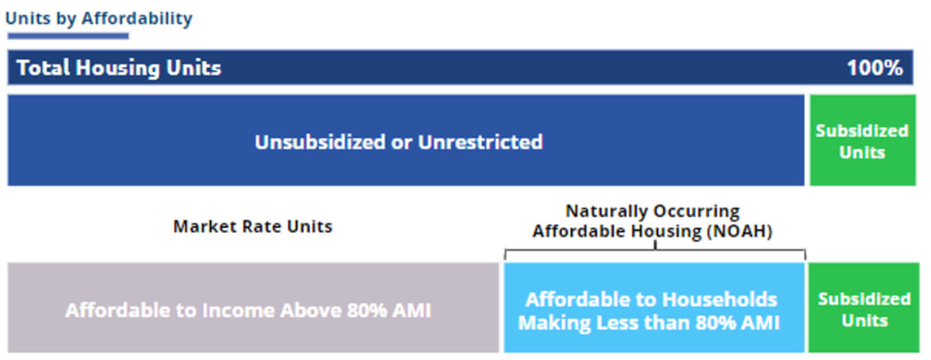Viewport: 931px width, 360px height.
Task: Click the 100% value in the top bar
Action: (875, 68)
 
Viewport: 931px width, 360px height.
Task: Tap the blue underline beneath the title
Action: (68, 36)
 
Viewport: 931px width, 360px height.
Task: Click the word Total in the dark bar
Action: (43, 67)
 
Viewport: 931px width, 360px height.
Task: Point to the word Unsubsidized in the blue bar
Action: (320, 142)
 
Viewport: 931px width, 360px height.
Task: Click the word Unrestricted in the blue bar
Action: (480, 142)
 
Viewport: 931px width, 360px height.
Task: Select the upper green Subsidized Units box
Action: (862, 140)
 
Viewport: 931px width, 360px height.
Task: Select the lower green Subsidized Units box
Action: (864, 308)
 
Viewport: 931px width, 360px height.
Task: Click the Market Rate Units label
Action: (252, 227)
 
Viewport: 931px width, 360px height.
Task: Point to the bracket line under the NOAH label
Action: (655, 251)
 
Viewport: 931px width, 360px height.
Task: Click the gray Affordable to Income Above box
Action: (253, 308)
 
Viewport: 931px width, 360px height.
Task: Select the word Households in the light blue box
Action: (719, 300)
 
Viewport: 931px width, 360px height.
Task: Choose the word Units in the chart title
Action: (28, 18)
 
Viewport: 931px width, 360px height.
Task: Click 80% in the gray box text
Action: (366, 311)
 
